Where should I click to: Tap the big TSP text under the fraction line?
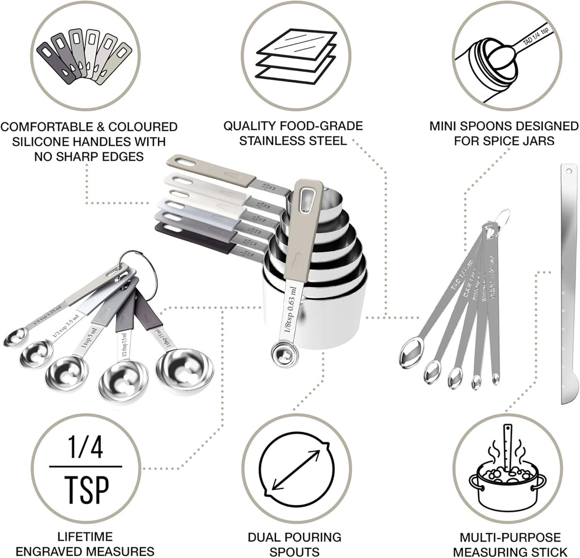[85, 488]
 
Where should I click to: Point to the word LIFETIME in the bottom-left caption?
[85, 536]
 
